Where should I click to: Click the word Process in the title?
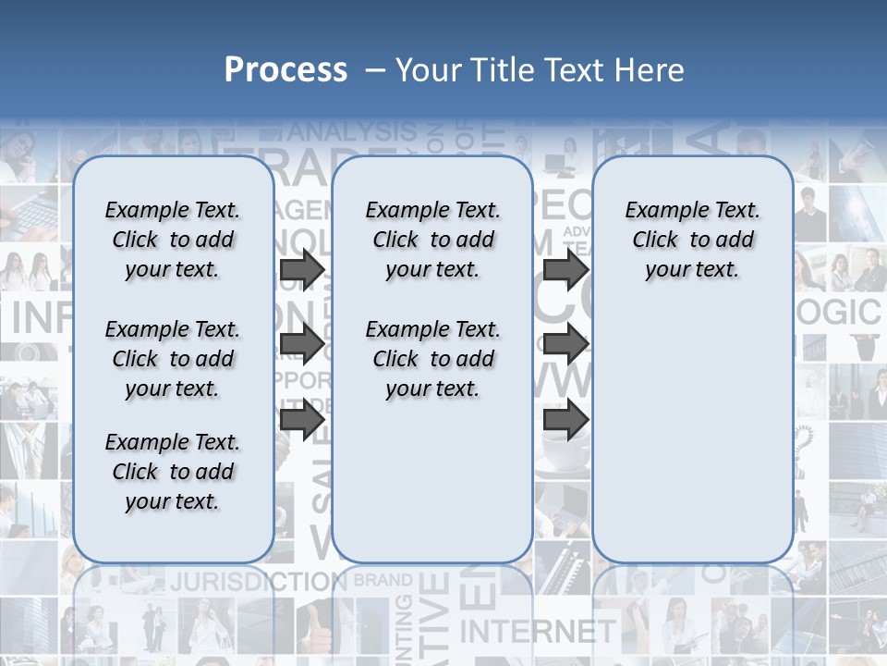[286, 70]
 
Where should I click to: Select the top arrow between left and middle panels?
[302, 269]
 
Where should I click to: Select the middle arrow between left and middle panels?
[302, 345]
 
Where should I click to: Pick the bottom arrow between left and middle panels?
[302, 420]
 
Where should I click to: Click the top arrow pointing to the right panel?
[566, 269]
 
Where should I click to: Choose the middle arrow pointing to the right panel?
[566, 345]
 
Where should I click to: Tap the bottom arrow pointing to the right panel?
[566, 420]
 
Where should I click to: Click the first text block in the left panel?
[173, 240]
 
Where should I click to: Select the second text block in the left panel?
[173, 359]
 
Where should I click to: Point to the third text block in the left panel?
[173, 472]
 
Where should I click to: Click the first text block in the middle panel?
[432, 240]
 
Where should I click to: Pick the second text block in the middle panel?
[432, 359]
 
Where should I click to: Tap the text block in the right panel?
[693, 240]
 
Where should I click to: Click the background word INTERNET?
[537, 632]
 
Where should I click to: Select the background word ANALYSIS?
[351, 131]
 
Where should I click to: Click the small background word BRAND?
[383, 581]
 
